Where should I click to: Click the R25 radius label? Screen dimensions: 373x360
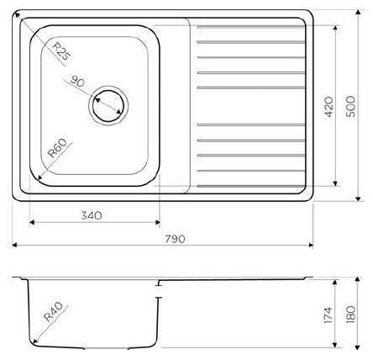click(x=61, y=51)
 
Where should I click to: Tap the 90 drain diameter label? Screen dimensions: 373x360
click(x=77, y=81)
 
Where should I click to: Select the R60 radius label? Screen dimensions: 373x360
click(x=57, y=148)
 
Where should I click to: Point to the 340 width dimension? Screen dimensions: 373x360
click(x=92, y=215)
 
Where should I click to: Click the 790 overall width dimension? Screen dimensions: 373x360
click(x=175, y=239)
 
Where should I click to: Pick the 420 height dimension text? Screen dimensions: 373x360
click(x=328, y=107)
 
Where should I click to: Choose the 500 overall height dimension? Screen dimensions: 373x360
click(x=350, y=107)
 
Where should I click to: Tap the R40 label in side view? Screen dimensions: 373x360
click(x=53, y=311)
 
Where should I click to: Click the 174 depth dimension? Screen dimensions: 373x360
click(x=328, y=315)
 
